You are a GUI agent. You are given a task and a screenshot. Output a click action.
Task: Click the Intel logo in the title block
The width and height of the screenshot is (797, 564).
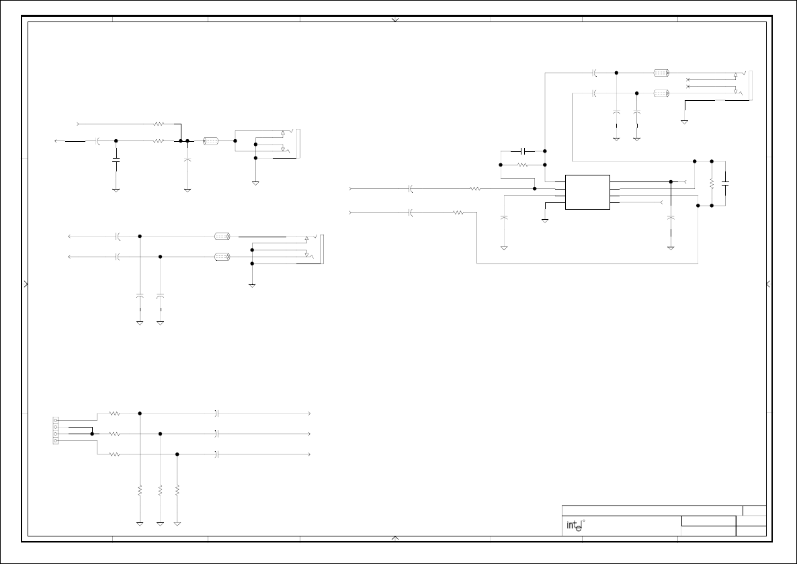point(573,526)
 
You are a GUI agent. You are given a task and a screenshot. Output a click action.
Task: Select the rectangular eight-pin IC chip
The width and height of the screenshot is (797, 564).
point(587,192)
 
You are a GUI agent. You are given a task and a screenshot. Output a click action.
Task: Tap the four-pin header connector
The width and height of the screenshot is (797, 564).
point(55,430)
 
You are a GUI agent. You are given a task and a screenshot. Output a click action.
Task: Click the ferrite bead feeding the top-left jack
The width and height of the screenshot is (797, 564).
point(211,141)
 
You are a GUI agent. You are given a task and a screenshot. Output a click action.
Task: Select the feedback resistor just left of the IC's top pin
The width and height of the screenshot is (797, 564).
point(524,165)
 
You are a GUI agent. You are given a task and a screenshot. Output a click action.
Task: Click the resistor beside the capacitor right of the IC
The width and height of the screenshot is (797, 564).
point(711,184)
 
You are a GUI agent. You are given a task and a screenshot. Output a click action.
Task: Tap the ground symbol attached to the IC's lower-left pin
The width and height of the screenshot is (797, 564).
point(546,219)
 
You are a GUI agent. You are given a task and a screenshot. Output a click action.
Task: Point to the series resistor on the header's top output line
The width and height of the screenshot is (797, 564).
point(114,413)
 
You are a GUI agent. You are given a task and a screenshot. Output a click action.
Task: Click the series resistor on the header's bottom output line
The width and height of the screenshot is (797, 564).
point(114,454)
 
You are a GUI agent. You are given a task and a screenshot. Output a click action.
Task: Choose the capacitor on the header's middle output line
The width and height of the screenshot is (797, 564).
point(216,434)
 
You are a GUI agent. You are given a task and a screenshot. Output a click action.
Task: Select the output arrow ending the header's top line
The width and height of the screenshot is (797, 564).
point(309,413)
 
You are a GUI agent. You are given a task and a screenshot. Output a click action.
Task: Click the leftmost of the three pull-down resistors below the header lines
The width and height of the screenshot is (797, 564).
point(140,491)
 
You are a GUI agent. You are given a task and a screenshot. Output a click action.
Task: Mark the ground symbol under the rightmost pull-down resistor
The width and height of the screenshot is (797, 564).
point(177,522)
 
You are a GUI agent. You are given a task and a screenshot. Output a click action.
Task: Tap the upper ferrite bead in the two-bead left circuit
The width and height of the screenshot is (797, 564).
point(222,237)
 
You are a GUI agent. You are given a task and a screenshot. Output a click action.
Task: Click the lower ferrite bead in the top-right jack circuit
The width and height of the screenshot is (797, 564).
point(661,93)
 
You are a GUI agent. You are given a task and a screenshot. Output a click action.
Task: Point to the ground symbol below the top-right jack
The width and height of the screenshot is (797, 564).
point(684,121)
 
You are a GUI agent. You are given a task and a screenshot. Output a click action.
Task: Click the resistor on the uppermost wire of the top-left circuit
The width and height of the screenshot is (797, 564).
point(159,124)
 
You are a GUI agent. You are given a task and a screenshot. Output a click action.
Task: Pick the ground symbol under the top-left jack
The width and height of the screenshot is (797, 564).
point(255,182)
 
